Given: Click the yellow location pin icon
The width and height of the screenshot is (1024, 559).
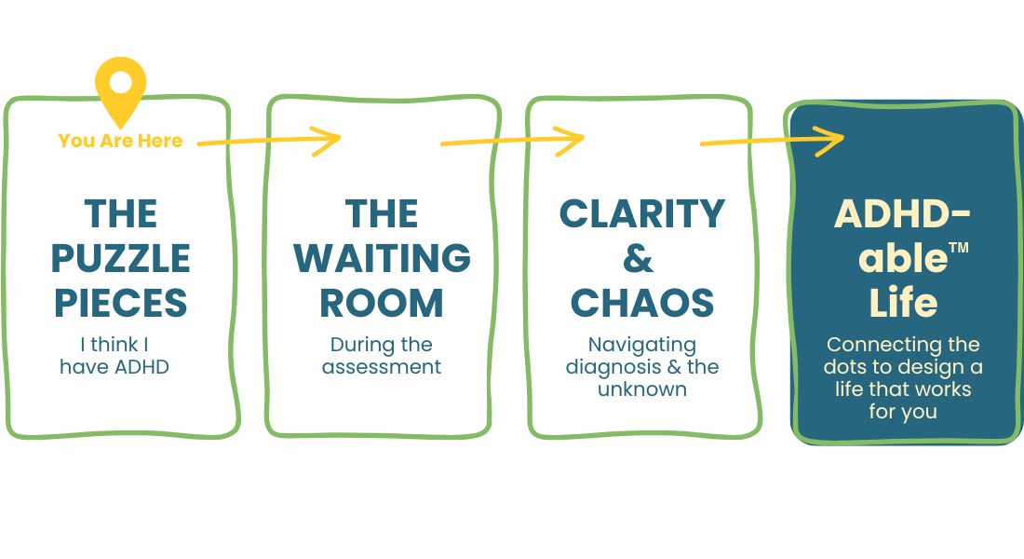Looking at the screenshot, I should pos(121,88).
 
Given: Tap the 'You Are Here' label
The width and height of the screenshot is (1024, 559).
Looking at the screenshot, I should pos(120,141).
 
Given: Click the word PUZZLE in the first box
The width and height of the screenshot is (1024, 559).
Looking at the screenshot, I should pos(121,258).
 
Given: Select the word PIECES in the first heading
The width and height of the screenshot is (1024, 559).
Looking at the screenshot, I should pos(121,303).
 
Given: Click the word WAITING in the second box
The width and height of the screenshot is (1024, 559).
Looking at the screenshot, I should pos(382,258).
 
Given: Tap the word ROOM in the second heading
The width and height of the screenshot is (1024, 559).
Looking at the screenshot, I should pos(382,303).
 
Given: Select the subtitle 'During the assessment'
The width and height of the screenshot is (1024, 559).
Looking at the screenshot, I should pos(382,355).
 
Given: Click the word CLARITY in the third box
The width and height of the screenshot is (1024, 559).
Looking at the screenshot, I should pos(641,214).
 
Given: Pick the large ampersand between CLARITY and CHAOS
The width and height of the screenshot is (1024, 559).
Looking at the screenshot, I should pos(639,259).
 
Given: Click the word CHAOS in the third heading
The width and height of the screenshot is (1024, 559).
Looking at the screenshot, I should pos(641,303).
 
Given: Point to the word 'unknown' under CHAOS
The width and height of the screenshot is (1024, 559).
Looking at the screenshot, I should pos(641,389).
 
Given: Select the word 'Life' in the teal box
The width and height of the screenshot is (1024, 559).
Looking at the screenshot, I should pos(903,303).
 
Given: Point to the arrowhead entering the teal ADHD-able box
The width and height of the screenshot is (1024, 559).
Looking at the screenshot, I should pos(834,140).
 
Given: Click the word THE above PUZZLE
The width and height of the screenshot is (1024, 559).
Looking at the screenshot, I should pos(121,214).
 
